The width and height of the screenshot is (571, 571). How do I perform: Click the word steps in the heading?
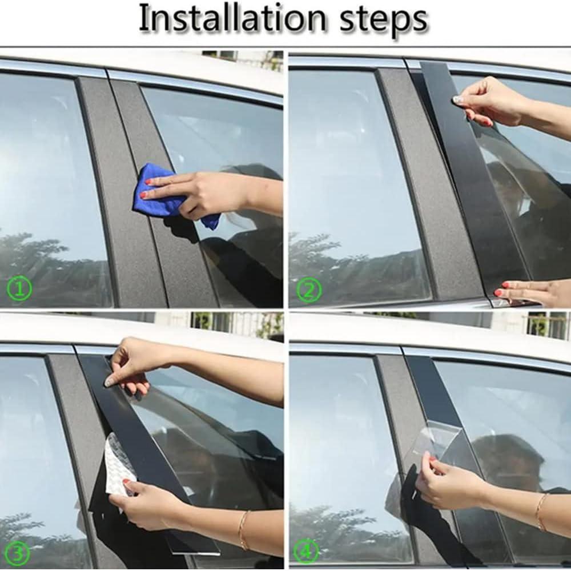384,21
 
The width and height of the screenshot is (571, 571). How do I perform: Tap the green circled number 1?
20,290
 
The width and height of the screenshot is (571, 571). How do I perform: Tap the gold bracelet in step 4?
540,510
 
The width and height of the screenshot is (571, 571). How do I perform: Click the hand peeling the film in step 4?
451,485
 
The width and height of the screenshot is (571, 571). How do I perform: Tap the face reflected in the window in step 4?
502,457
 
